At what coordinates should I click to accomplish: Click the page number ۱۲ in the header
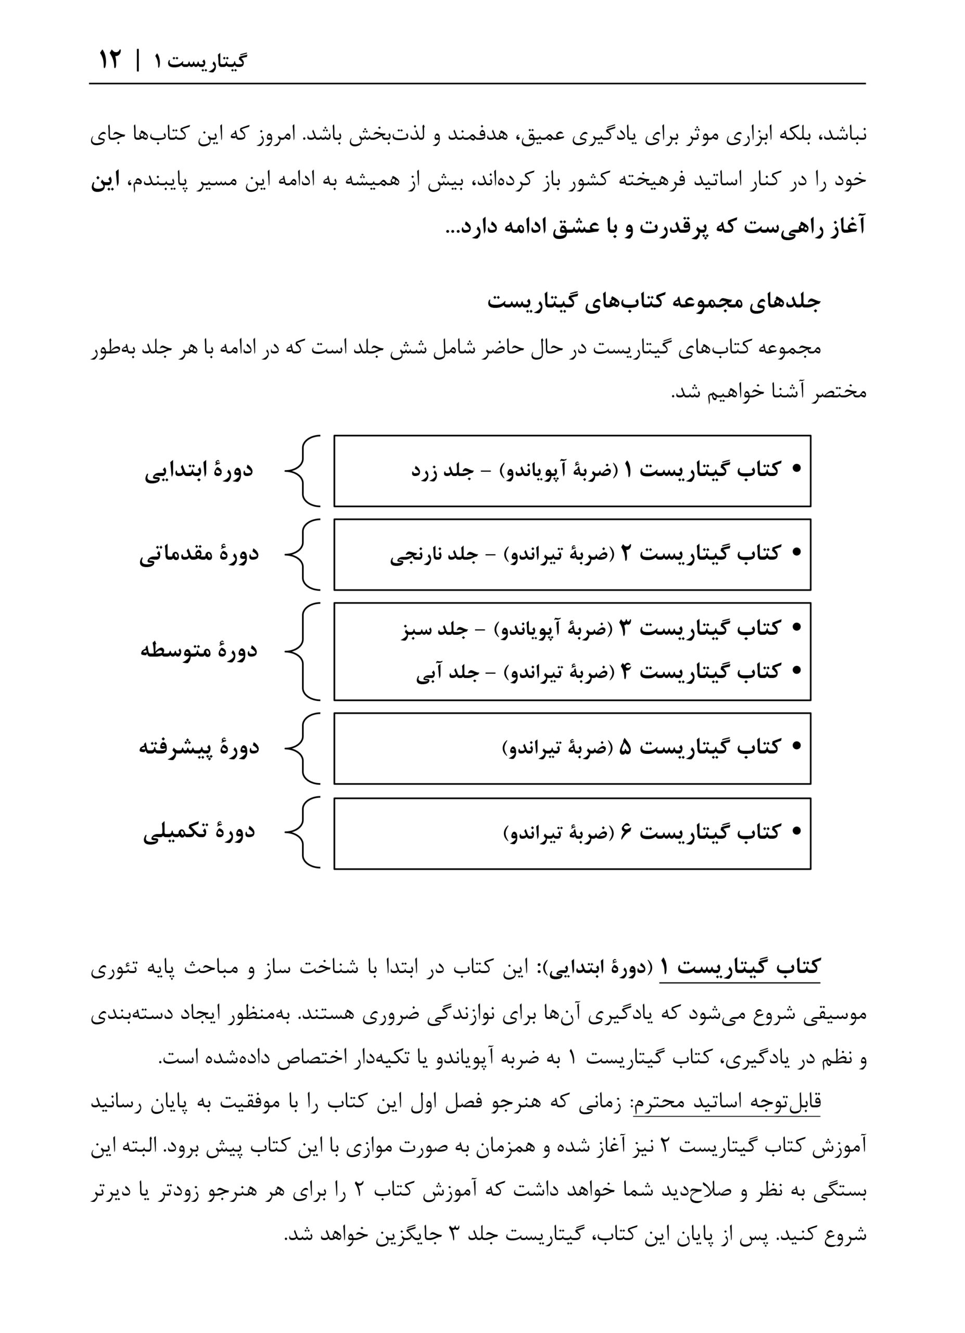coord(109,60)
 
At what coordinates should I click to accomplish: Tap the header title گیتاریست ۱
coord(200,61)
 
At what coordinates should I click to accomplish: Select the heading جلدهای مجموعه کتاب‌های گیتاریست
coord(653,301)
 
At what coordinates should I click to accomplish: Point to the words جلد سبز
coord(434,629)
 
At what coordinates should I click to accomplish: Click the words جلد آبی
coord(448,672)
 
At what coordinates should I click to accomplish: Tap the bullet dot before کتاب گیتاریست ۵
coord(796,747)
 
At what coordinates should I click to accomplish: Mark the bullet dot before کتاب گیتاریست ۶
coord(796,831)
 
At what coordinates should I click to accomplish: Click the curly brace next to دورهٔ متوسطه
coord(302,651)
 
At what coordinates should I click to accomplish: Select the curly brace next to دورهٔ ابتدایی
coord(302,471)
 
